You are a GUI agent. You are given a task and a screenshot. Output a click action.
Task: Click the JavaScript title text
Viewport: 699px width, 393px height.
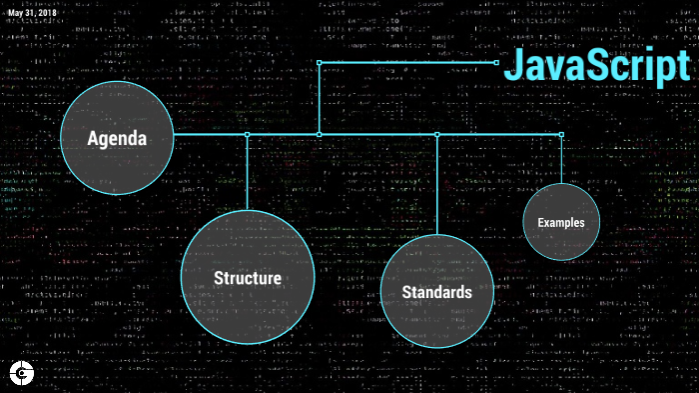coord(596,63)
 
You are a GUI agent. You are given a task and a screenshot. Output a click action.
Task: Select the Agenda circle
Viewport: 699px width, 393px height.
coord(117,138)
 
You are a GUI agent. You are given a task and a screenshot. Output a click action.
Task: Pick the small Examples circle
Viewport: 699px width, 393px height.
coord(561,222)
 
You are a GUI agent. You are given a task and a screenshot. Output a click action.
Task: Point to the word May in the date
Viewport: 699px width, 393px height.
coord(15,11)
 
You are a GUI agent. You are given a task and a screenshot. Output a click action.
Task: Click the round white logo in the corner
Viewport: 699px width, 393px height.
coord(20,373)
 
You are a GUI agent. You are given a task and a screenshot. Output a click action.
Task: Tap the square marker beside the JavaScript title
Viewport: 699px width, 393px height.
coord(496,63)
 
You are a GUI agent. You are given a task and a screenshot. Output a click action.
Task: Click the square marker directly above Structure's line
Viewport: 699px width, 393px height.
coord(247,134)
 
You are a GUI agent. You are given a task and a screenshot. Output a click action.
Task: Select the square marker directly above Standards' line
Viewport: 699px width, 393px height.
coord(436,134)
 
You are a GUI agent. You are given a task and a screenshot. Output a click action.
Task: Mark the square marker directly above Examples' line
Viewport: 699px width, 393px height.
coord(561,134)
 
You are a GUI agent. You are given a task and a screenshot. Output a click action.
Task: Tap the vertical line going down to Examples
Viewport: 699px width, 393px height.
coord(561,160)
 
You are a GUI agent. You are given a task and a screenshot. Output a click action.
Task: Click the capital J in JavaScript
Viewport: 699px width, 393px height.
coord(513,63)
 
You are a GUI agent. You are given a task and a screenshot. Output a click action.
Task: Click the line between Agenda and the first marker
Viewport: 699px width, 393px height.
coord(210,134)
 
